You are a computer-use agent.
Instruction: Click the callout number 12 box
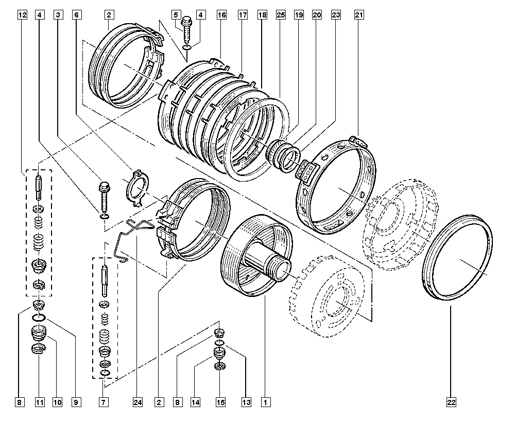21,15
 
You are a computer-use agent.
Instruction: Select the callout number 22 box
452,401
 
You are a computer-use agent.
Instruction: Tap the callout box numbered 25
281,15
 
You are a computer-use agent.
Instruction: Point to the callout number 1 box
265,401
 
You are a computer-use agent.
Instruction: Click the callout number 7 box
104,401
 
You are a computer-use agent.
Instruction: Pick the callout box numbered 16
222,15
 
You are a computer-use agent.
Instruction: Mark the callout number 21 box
359,15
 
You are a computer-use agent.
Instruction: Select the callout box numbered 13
246,401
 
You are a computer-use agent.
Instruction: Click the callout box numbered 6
76,15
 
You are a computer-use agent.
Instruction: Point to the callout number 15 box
220,401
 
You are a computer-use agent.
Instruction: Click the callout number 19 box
299,15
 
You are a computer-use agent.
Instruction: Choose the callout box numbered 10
57,401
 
